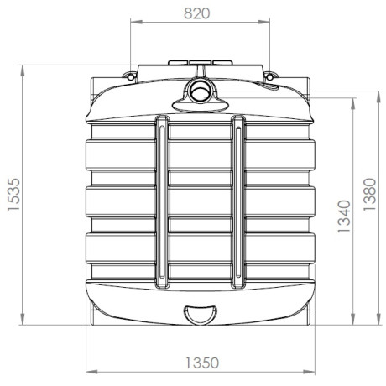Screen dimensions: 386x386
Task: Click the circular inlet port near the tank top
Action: (200, 91)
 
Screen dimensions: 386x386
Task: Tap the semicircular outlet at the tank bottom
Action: (200, 314)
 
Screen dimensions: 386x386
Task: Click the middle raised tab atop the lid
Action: (200, 62)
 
